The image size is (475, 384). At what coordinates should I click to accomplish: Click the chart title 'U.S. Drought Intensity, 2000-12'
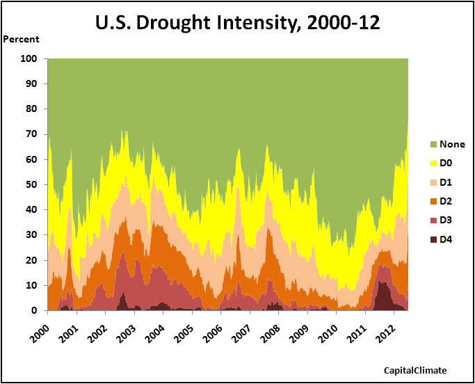(x=238, y=23)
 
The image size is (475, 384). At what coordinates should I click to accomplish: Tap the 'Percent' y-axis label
(x=22, y=39)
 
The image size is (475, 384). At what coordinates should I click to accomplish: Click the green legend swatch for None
(x=434, y=145)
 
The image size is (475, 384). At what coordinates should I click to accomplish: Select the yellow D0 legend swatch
(x=434, y=163)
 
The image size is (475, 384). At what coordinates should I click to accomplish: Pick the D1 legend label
(x=446, y=182)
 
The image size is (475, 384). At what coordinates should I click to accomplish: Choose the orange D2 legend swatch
(x=434, y=201)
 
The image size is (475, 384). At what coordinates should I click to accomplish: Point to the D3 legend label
(x=446, y=221)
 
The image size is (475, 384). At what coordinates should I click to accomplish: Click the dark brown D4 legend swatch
(x=434, y=239)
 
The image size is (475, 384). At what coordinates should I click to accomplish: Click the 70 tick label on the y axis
(x=31, y=134)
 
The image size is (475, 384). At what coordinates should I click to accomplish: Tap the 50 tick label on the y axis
(x=31, y=185)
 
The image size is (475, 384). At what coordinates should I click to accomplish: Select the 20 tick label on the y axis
(x=31, y=260)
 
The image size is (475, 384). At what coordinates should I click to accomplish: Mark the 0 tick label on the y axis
(x=34, y=311)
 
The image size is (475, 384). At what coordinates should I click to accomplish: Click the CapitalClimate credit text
(x=415, y=371)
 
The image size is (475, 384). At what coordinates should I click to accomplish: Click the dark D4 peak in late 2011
(x=382, y=296)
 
